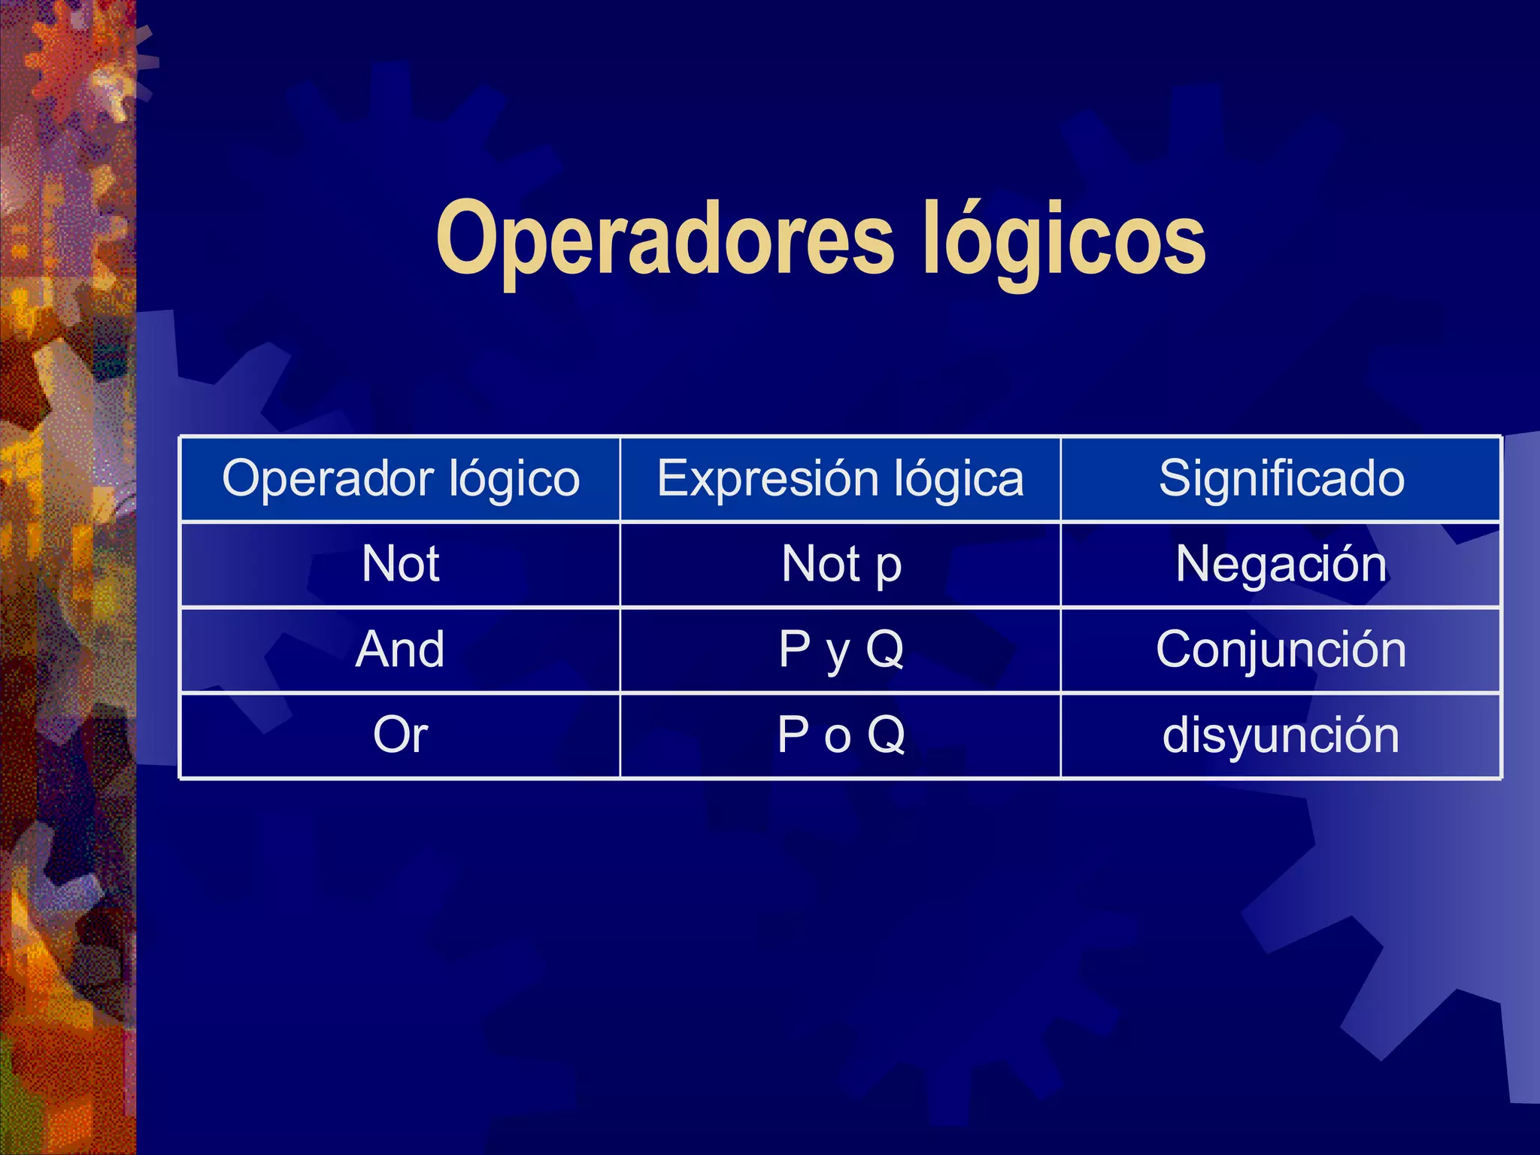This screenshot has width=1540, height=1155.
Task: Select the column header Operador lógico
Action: click(401, 479)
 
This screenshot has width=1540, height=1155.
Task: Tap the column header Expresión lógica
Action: click(840, 479)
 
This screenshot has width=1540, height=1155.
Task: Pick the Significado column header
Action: click(1281, 479)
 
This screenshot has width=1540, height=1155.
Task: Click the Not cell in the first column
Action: click(401, 564)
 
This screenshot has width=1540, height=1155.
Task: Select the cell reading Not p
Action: click(841, 564)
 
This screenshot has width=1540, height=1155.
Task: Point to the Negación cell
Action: click(1281, 564)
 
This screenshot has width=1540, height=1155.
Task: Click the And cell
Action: click(401, 649)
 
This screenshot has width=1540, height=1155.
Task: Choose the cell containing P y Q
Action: click(841, 649)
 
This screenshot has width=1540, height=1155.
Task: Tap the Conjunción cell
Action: click(1281, 649)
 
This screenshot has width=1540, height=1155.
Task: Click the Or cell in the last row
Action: click(401, 735)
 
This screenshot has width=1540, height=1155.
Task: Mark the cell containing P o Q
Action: click(841, 735)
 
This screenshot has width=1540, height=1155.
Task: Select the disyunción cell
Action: click(1281, 735)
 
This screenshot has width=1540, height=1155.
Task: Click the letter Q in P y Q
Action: click(884, 649)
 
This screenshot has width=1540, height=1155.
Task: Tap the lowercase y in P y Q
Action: click(838, 654)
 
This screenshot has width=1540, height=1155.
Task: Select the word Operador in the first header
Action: click(328, 479)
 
